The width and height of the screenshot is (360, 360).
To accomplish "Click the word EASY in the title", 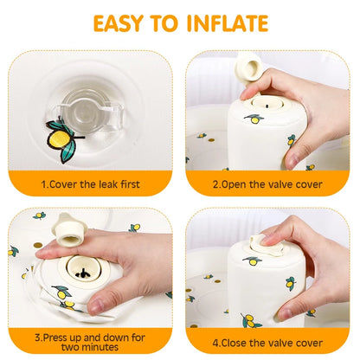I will (x=124, y=22).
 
